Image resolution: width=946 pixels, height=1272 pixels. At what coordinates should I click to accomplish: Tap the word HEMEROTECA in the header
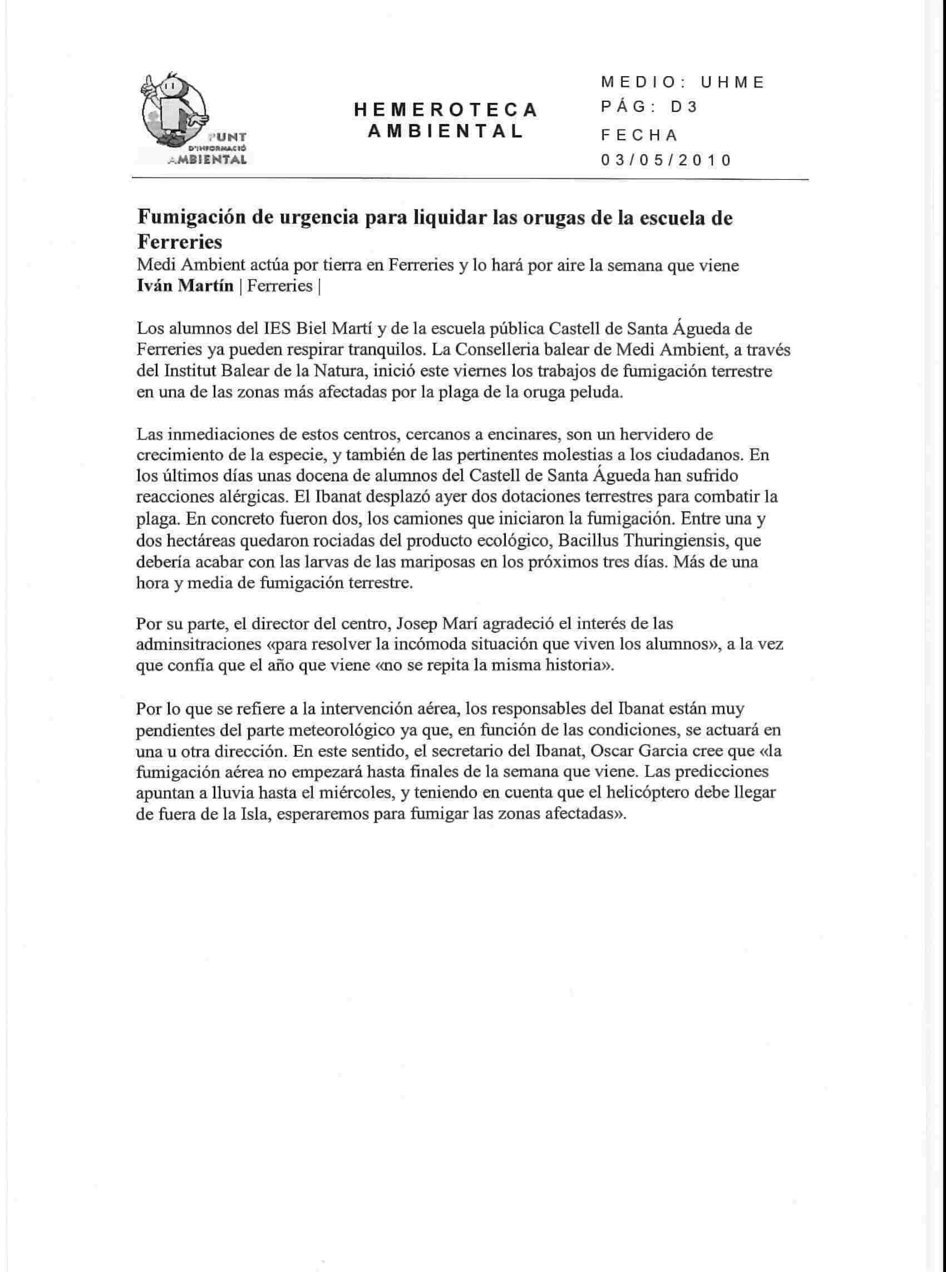446,110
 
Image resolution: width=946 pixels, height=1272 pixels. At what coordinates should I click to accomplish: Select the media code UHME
733,82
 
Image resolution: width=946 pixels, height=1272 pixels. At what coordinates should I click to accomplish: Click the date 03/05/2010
666,160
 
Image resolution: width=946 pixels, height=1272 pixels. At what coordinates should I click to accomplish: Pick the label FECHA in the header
639,135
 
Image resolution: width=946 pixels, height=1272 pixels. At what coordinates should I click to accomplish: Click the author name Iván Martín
185,285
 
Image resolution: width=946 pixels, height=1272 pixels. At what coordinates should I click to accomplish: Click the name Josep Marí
427,622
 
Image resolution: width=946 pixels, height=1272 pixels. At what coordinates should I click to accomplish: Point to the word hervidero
669,434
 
